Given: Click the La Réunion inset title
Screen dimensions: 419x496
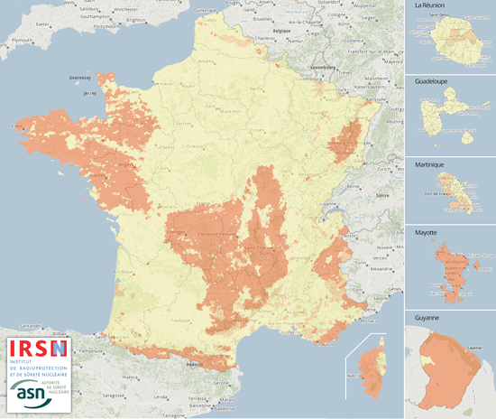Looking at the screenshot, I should (x=431, y=6).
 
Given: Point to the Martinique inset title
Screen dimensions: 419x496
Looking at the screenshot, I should (x=432, y=156).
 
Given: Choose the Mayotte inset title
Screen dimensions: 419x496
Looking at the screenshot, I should (x=427, y=232).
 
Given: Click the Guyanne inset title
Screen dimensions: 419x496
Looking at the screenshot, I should (x=427, y=318).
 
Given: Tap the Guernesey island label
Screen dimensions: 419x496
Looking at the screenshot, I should (x=82, y=78).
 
